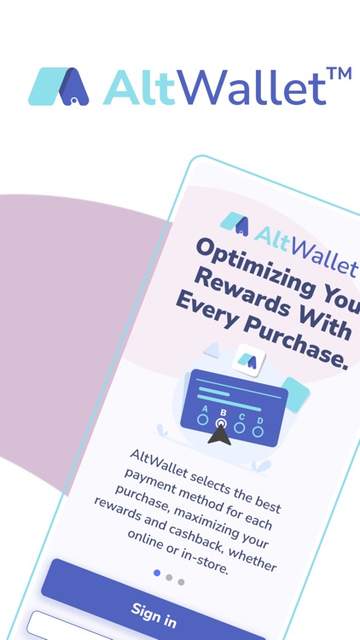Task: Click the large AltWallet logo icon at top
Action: click(x=58, y=86)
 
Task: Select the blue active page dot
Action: click(x=157, y=573)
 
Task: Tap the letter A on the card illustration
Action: click(x=205, y=409)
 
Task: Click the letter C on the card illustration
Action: click(x=241, y=416)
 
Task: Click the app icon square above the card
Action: click(x=247, y=359)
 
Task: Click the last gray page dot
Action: click(x=181, y=582)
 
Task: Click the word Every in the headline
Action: click(x=206, y=311)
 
